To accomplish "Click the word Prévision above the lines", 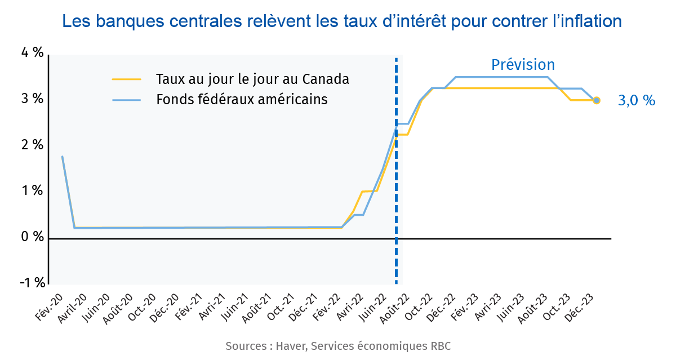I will [x=523, y=65].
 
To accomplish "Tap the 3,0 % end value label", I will [x=637, y=101].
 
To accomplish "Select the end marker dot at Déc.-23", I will [x=597, y=100].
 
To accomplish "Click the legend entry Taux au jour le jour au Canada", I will [x=252, y=79].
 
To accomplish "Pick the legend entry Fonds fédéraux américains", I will [x=242, y=100].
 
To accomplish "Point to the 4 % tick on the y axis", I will [x=32, y=52].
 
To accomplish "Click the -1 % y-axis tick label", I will [x=32, y=283].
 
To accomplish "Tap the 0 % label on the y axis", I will [x=32, y=237].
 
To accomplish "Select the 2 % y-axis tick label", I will [x=32, y=145].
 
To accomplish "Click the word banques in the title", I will [x=127, y=21].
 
